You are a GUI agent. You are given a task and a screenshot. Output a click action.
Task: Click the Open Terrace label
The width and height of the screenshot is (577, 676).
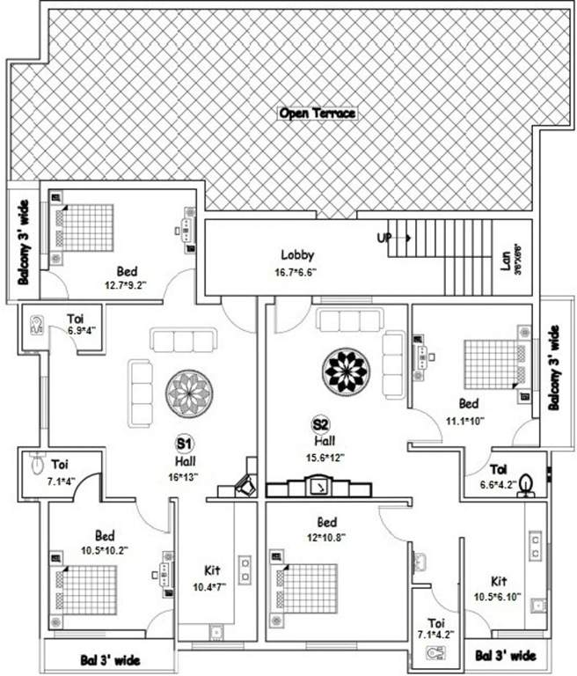point(316,114)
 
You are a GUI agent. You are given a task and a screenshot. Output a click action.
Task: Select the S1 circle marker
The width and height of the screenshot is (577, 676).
point(186,442)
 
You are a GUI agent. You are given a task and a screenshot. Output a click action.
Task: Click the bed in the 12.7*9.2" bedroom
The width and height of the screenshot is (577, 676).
point(86,226)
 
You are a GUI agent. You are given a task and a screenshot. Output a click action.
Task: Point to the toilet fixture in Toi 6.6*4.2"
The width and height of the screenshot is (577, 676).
point(527,484)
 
